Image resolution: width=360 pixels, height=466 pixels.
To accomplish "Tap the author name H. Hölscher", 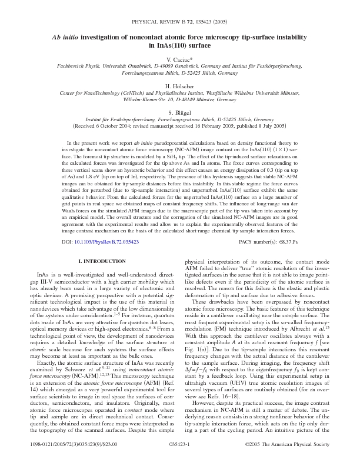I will [x=180, y=86].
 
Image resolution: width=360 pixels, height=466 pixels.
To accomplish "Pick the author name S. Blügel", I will [x=180, y=112].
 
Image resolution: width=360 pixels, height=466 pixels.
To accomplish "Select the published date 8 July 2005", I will [x=255, y=126].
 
